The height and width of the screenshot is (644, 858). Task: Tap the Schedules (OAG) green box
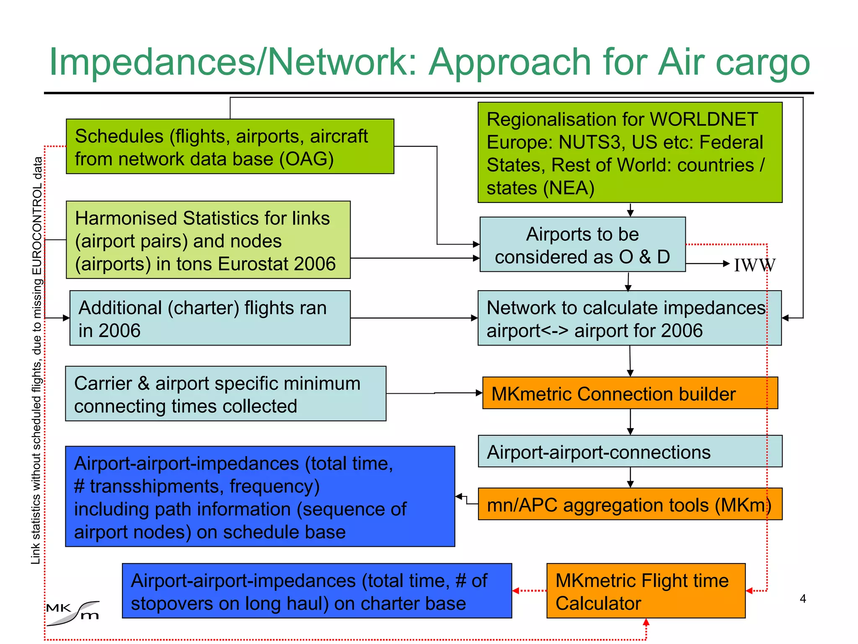point(230,146)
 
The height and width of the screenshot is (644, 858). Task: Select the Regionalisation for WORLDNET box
point(630,153)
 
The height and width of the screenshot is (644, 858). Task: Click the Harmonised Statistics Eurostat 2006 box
point(208,240)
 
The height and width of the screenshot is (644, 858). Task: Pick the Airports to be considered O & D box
point(582,244)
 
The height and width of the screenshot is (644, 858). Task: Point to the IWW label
point(755,265)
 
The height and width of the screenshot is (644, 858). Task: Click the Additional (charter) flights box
point(209,318)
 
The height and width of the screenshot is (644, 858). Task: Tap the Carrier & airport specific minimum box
point(225,394)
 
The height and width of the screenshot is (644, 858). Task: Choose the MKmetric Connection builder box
point(630,393)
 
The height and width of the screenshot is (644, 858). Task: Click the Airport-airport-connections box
point(630,452)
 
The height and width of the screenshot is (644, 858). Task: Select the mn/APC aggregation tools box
point(630,504)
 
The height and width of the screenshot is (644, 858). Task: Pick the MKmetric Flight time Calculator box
point(645,591)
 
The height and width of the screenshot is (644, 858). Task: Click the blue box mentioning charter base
point(317,591)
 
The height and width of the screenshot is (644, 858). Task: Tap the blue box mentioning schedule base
point(260,497)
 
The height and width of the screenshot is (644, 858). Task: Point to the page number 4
point(803,599)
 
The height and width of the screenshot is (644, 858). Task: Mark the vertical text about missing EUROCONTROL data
point(37,361)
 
